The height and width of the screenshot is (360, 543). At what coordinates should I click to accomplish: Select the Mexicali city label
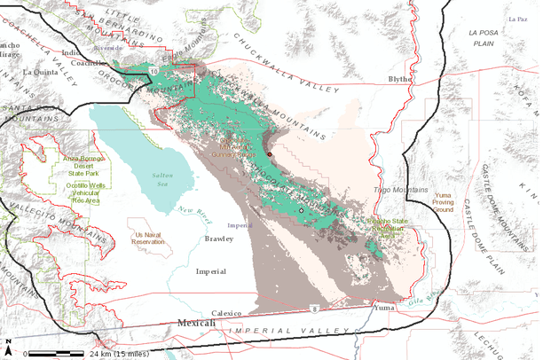click(196, 324)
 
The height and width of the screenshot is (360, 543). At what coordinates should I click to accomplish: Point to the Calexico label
click(227, 313)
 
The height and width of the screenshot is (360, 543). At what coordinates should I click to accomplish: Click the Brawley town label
click(218, 239)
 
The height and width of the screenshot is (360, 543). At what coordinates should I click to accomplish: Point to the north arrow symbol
click(8, 342)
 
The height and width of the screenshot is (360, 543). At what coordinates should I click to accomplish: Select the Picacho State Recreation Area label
click(392, 228)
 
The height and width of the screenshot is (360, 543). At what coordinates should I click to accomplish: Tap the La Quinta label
click(39, 71)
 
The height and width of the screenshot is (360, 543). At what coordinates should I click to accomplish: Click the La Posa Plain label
click(486, 36)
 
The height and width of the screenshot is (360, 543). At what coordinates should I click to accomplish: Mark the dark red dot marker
click(270, 153)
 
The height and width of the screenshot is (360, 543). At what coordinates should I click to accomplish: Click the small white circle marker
click(301, 212)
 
